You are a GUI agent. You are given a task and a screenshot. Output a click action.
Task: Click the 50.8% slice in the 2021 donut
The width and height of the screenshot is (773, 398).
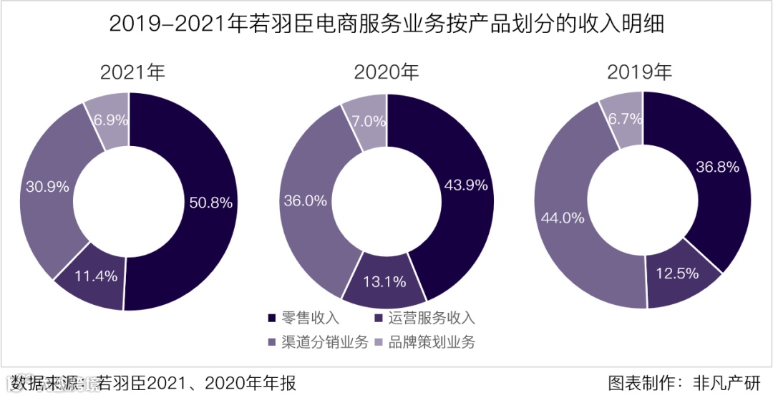[210, 203]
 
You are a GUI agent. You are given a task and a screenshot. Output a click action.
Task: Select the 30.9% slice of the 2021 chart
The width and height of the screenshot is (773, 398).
[47, 187]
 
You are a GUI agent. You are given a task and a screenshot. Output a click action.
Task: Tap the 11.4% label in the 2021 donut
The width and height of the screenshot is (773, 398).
[97, 276]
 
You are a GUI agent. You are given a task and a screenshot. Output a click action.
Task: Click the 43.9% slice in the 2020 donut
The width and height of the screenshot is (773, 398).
[466, 185]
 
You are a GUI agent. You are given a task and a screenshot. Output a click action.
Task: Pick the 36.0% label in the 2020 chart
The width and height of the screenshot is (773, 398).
[306, 201]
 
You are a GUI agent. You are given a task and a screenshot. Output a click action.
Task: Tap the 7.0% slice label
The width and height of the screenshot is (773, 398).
[369, 121]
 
